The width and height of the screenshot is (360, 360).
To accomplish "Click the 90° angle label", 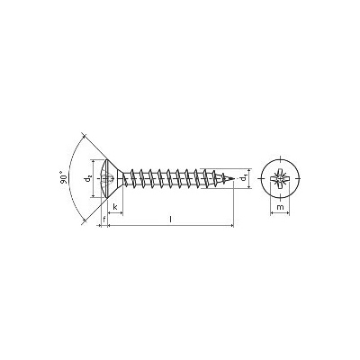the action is coord(63,177).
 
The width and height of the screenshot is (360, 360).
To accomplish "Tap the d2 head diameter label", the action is coord(88,179).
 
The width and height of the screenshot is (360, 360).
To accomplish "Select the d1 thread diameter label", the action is coord(244,178).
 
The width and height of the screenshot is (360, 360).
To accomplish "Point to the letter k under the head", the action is coord(115,207).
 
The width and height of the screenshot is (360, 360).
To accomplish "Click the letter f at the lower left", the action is coord(104,220).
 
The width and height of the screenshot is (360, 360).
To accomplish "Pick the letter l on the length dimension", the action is coord(170,220).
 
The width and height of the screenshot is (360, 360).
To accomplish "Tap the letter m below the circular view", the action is coord(280,207).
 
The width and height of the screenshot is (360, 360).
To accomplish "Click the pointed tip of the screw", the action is coord(233,179).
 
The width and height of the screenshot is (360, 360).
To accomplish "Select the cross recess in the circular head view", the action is coord(280,178).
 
